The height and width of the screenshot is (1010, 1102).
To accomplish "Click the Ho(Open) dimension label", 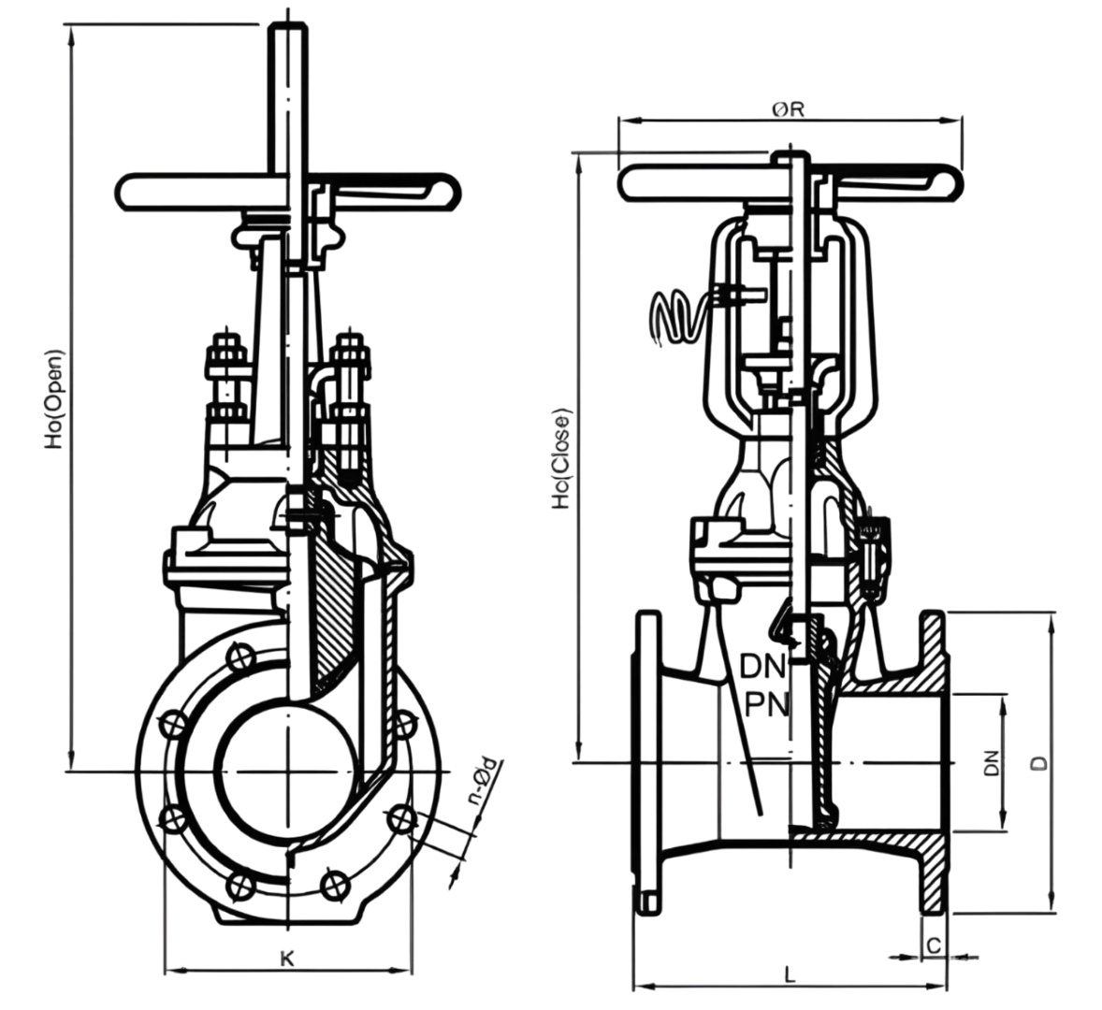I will (x=56, y=398).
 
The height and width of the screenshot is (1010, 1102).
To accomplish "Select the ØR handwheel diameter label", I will (x=788, y=109).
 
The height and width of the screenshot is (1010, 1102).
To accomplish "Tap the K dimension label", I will (x=287, y=958).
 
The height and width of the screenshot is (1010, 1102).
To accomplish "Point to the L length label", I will (x=790, y=974).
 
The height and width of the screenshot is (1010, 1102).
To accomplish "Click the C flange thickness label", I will (x=933, y=945).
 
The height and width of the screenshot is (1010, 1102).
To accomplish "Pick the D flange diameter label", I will (x=1038, y=762).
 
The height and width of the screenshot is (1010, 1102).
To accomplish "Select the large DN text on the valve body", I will (x=763, y=667).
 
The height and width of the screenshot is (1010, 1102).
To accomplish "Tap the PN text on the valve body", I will (x=765, y=703).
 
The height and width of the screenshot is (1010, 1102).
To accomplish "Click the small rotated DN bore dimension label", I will (x=992, y=763).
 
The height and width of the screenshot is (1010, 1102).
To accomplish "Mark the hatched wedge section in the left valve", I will (x=332, y=608).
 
